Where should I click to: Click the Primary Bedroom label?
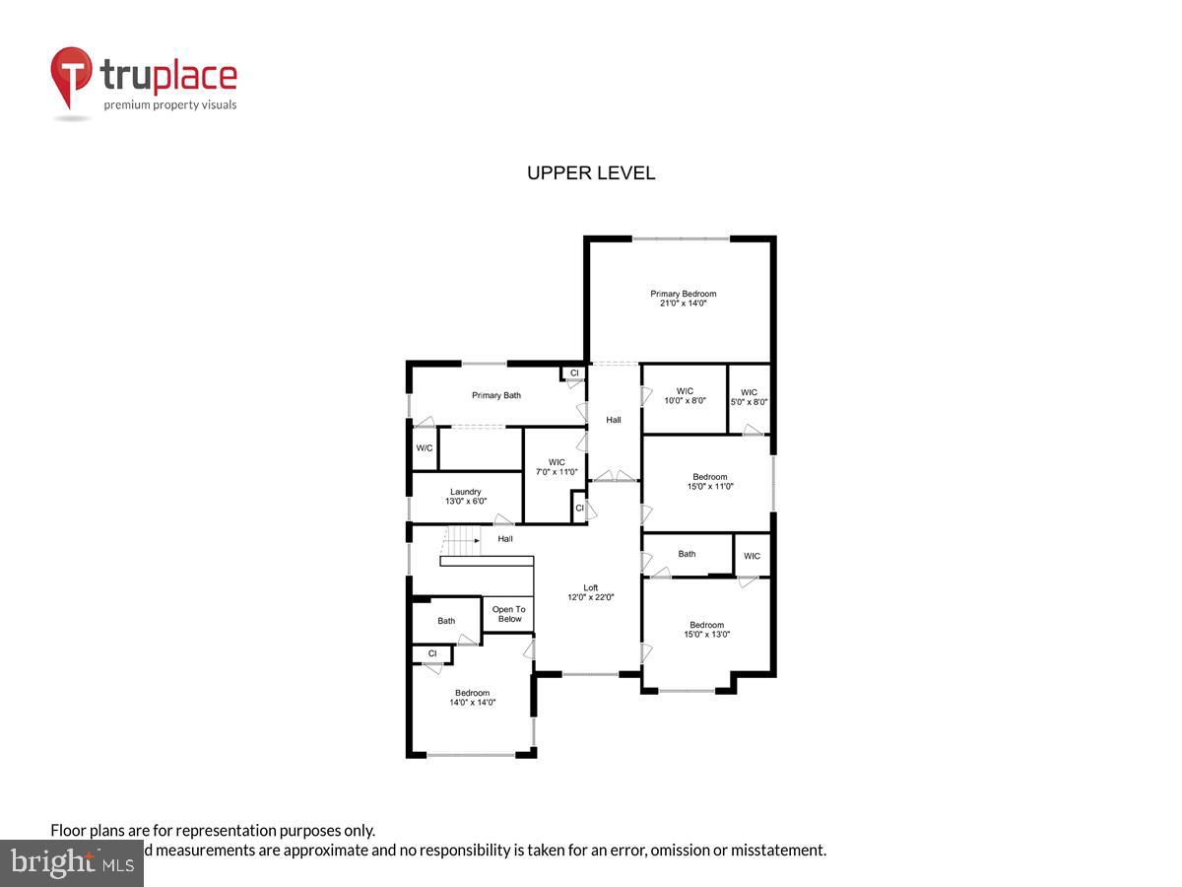coord(683,299)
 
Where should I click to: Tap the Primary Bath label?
coord(495,395)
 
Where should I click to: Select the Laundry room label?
coord(466,497)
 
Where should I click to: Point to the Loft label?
coord(591,592)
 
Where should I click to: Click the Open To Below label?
coord(508,614)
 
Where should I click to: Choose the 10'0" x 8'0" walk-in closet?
coord(684,396)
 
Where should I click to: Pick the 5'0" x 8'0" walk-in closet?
coord(749,396)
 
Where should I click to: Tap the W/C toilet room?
coord(424,448)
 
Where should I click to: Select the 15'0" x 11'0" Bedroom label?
coord(709,482)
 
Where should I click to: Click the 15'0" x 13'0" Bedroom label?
coord(706,630)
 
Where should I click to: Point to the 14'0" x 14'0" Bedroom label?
coord(472,698)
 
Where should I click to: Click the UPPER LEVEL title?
coord(591,173)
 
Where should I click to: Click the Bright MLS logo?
coord(71,863)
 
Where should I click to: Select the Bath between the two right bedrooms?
coord(687,554)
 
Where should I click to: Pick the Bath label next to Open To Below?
coord(446,621)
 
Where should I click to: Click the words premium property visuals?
coord(170,104)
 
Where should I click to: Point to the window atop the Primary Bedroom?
coord(681,239)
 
